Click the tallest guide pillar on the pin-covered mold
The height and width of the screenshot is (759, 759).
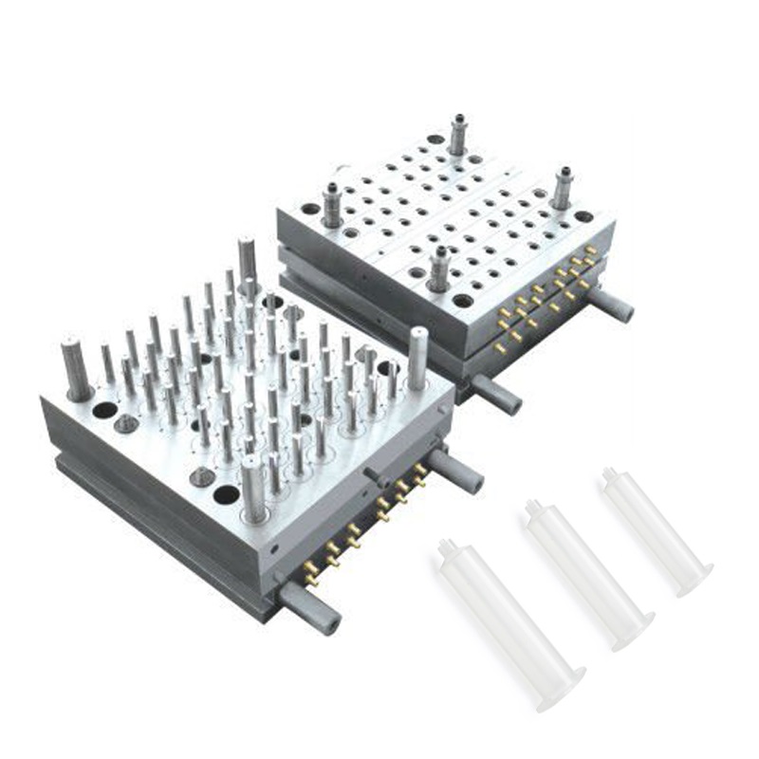[247, 261]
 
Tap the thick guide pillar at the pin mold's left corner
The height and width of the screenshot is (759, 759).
[76, 368]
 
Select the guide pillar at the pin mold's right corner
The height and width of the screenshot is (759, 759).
[417, 357]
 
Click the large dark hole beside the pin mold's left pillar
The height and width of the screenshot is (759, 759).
[105, 410]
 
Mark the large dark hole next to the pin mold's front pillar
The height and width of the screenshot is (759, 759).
[226, 494]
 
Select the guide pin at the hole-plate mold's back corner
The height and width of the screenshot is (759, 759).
[457, 134]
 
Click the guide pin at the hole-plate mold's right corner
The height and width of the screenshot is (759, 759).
[563, 187]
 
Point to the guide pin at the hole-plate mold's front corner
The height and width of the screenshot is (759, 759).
[437, 268]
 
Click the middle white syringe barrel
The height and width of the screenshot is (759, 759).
[588, 575]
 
